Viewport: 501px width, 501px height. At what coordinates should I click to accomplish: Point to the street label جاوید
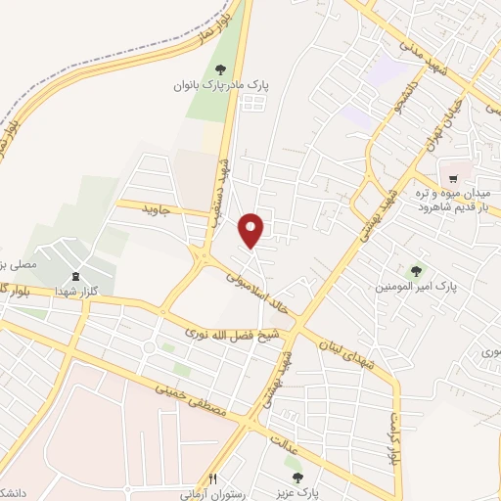point(156,209)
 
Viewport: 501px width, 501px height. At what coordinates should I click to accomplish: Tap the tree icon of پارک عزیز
point(298,478)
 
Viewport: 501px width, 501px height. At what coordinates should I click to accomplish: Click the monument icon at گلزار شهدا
point(76,252)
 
